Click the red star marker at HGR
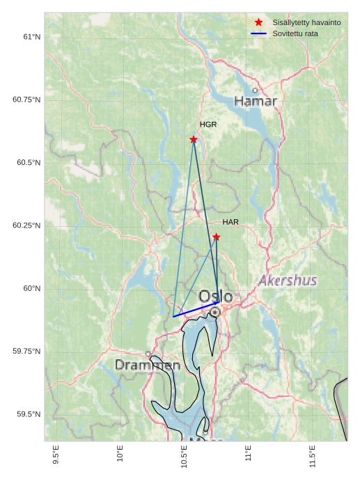point(194,139)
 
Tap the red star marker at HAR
point(217,237)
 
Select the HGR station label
point(208,125)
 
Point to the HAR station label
point(230,222)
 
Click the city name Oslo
point(216,297)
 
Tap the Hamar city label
point(256,102)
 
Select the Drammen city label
point(148,365)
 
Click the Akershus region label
point(288,281)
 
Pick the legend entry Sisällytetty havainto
point(306,23)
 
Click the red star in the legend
point(259,23)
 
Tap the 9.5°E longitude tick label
point(56,457)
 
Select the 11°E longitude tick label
point(249,457)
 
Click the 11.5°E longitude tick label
point(313,457)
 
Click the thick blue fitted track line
point(195,310)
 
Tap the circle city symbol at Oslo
point(215,313)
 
